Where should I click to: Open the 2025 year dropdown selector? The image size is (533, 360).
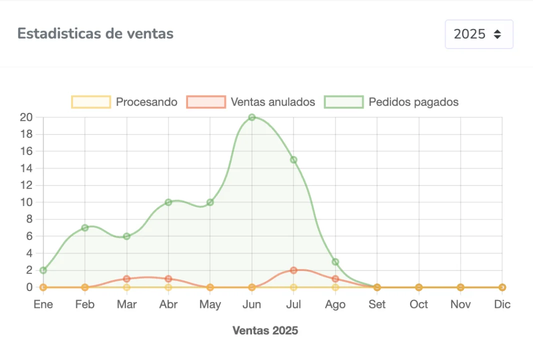pos(478,34)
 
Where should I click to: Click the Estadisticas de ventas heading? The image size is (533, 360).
pos(95,33)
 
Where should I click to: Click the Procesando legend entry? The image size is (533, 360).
pos(124,102)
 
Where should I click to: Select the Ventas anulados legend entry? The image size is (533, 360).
pos(251,102)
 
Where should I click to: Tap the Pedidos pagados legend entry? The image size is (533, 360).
pos(391,102)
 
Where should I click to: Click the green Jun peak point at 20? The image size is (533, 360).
pos(252,117)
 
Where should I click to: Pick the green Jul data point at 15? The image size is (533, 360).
pos(293,160)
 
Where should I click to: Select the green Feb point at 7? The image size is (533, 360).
pos(85,228)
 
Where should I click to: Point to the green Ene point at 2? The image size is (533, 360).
pos(43,270)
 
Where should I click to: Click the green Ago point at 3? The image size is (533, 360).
pos(335,262)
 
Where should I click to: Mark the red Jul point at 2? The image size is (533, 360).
pos(293,270)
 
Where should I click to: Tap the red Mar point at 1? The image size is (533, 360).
pos(126,279)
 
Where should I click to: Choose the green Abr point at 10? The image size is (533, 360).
pos(168,202)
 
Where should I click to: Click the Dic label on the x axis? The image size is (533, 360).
pos(502,304)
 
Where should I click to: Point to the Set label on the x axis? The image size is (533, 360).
pos(377,304)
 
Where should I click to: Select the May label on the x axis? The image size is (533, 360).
pos(210,304)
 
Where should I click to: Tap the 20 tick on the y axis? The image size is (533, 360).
pos(26,117)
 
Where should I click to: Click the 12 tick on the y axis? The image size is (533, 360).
pos(26,185)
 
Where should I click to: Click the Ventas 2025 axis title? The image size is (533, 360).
pos(265,330)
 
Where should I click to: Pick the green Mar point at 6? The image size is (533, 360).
pos(126,236)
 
